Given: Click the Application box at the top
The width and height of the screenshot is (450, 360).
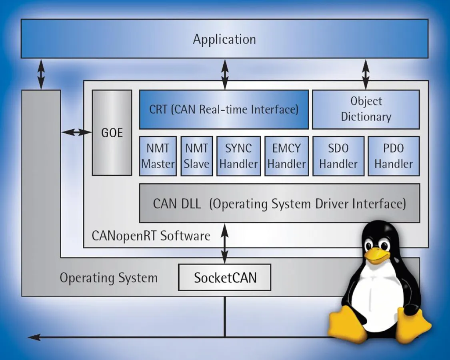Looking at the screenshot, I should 224,39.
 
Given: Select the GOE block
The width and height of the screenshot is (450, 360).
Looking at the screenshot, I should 112,132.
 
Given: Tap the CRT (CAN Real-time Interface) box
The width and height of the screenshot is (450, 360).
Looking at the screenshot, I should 224,109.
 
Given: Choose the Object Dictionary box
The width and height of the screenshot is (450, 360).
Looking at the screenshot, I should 366,109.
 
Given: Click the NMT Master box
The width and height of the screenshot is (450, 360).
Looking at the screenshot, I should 158,156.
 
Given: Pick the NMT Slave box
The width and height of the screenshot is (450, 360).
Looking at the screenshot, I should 196,156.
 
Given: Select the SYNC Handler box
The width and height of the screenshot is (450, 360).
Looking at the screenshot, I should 239,156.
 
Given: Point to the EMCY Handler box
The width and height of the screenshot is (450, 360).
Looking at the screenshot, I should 286,156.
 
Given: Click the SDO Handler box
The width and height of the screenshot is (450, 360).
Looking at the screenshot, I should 338,156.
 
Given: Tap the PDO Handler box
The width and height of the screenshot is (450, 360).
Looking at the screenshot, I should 394,156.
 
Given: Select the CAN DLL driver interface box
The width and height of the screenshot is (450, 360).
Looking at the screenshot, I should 279,203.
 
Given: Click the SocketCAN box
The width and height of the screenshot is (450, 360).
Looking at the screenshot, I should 225,277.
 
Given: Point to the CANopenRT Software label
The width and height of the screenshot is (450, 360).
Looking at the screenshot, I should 151,236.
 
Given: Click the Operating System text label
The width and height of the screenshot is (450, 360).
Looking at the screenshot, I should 108,278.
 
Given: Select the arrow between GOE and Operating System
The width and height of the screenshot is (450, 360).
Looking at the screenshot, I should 76,132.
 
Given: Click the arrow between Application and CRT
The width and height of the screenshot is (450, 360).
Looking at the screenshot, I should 225,74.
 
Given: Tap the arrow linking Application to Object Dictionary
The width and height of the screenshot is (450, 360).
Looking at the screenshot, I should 366,74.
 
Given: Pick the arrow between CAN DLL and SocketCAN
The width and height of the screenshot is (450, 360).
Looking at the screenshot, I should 225,243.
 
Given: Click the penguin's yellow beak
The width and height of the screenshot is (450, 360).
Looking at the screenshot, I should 377,256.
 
